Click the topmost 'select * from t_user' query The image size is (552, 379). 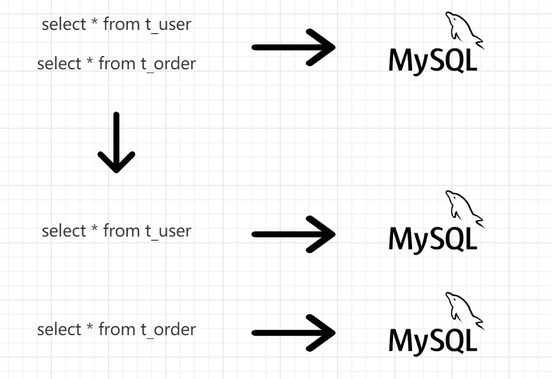coord(116,25)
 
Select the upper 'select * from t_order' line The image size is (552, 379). coord(116,64)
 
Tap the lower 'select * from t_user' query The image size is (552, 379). coord(116,230)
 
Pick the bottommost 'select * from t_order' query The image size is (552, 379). coord(116,329)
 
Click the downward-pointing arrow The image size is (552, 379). coord(116,142)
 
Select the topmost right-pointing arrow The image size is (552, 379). coord(294,47)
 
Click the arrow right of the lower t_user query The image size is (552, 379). coord(294,234)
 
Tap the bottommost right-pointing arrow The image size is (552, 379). coord(294,333)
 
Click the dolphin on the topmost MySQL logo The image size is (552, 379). coord(461,29)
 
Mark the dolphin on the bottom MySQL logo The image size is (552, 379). coord(461,308)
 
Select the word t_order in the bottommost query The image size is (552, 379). coord(168,329)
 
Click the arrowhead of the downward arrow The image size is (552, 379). coord(116,162)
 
